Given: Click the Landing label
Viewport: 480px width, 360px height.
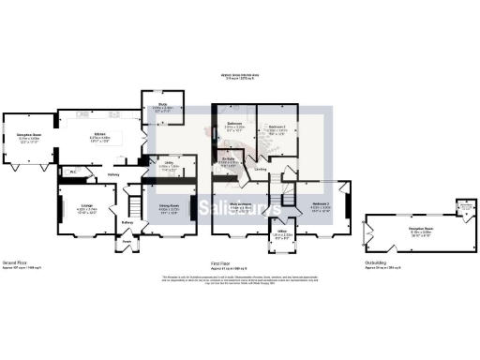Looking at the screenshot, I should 261,170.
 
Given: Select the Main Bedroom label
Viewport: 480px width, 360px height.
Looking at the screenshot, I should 240,202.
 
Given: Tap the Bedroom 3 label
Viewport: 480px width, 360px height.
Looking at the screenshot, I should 322,202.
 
